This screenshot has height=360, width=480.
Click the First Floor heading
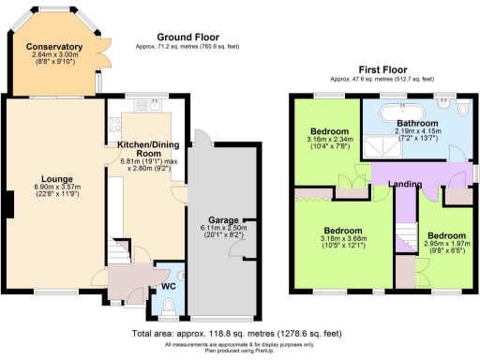pos(383,69)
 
